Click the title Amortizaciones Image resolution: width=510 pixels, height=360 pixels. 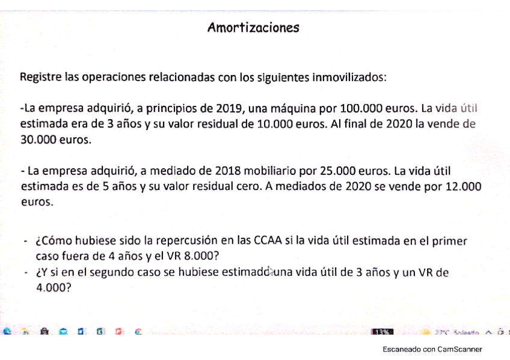253,28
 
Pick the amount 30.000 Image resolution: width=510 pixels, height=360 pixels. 37,140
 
